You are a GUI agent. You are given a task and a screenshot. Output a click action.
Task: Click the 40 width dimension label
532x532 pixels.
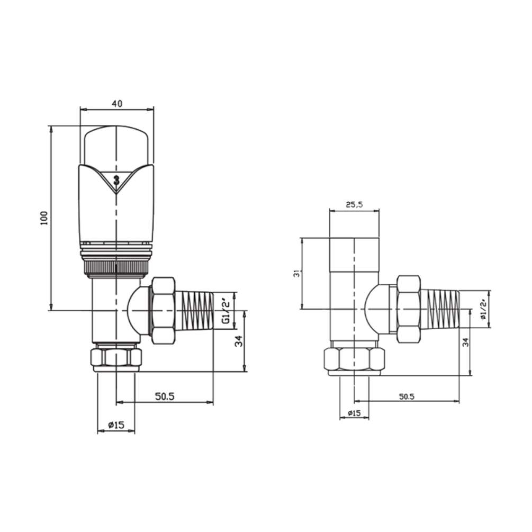(x=116, y=103)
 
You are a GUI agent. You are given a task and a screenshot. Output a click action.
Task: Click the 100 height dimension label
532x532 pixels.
(x=44, y=218)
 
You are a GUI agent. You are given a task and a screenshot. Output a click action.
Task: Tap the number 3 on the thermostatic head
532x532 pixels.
(x=116, y=180)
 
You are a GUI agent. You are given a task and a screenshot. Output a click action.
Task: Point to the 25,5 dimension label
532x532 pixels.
(x=354, y=204)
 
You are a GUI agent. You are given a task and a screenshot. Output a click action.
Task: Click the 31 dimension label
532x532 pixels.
(x=297, y=273)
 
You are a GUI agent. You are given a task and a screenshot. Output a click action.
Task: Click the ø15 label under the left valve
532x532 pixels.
(x=116, y=425)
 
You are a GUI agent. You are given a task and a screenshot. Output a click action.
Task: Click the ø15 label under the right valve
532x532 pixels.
(x=354, y=413)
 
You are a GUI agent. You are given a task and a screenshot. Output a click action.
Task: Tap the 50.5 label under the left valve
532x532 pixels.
(x=165, y=396)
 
